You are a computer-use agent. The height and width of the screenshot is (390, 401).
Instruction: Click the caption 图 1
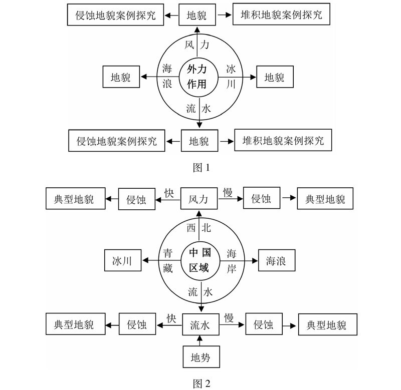pos(200,168)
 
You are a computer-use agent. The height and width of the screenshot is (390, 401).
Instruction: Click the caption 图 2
pos(200,383)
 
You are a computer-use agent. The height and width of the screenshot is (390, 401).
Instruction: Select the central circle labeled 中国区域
pos(200,261)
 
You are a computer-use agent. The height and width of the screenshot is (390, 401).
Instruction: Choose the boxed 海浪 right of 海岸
pos(277,261)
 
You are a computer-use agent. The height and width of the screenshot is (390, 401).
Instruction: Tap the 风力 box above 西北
pos(199,199)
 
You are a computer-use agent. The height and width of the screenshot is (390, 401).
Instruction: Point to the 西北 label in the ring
pos(199,228)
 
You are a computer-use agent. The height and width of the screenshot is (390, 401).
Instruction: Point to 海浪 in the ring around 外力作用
pos(167,76)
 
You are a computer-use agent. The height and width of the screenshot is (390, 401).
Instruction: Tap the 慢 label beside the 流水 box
pos(229,317)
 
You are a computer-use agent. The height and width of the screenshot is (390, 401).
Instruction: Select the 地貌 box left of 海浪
pos(121,77)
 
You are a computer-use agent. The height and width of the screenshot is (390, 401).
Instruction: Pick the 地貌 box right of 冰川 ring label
pos(275,77)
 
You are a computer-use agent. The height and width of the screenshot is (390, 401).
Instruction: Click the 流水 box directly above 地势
pos(199,324)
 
